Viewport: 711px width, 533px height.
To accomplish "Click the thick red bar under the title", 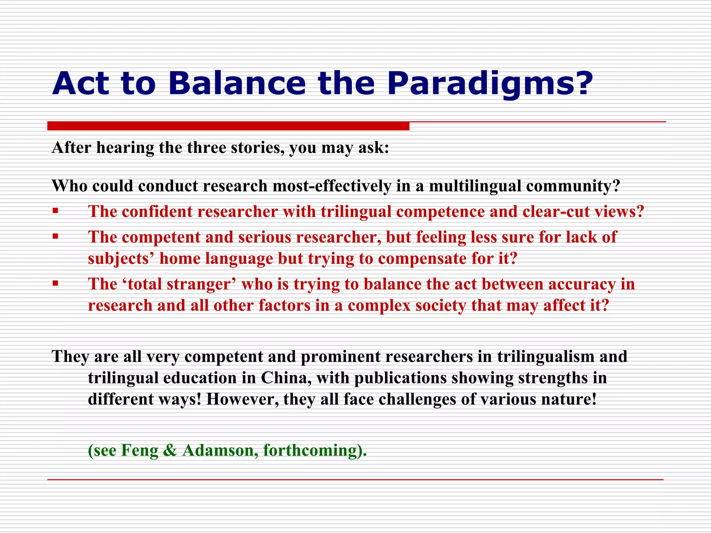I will click(228, 126).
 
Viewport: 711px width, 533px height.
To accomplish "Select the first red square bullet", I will click(56, 211).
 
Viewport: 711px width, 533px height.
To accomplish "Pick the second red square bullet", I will click(56, 236).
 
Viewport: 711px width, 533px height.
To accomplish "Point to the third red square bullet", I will click(56, 283).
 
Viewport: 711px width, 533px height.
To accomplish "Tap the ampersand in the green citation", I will click(170, 450).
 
